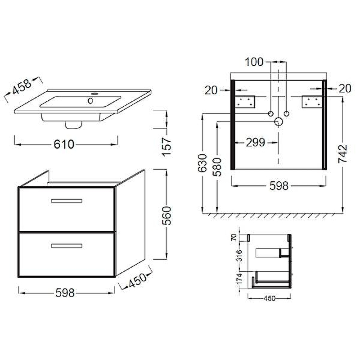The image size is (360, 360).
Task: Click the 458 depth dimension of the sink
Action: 22,87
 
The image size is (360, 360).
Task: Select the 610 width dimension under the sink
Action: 64,144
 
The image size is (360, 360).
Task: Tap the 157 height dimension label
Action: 167,147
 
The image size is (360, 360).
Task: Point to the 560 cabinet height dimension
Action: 167,216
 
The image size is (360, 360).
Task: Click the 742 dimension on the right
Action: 343,153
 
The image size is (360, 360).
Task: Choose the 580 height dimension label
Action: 217,167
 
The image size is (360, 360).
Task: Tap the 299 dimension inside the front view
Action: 255,142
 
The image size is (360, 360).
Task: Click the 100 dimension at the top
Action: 254,62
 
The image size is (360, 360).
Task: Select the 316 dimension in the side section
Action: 239,256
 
